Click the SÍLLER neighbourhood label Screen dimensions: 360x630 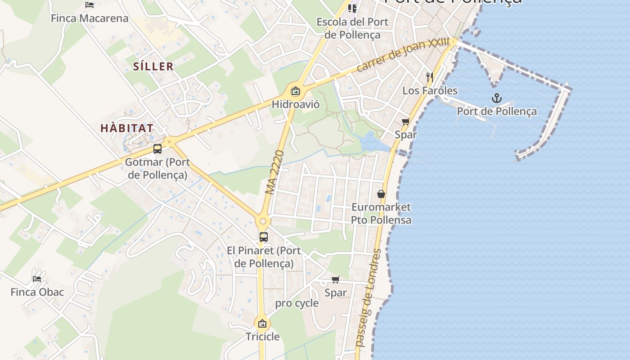click(153, 67)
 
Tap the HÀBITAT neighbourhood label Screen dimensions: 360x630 click(127, 128)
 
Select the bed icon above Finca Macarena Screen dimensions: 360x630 click(90, 5)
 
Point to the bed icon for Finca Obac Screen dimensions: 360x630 click(37, 279)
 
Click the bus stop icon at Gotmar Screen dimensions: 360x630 click(157, 149)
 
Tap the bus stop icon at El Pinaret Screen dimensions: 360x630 click(264, 237)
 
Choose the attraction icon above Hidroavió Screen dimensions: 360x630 click(295, 91)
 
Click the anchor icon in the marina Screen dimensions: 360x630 click(496, 98)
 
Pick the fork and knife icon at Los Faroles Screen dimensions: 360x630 click(430, 77)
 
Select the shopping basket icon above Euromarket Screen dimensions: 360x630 click(381, 194)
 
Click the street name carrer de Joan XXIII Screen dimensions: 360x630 click(403, 54)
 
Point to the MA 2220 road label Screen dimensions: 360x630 click(275, 172)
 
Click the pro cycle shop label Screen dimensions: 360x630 click(297, 303)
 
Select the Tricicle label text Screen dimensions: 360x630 click(262, 337)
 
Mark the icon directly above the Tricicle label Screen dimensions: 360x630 click(262, 323)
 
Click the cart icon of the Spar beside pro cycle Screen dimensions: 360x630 click(335, 280)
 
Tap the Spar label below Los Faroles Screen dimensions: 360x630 click(406, 134)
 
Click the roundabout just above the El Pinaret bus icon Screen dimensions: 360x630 click(263, 221)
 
